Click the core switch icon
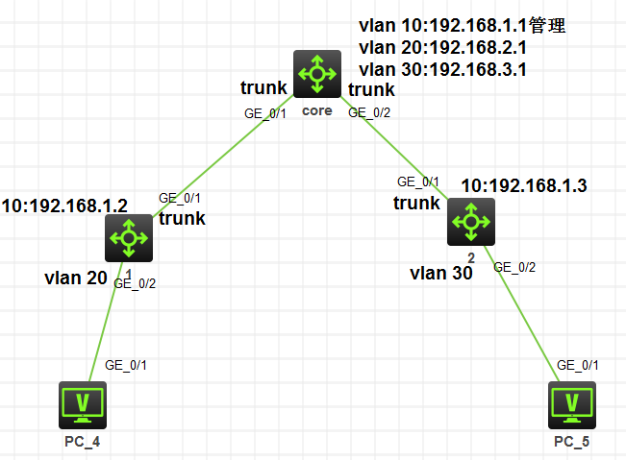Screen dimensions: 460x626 point(316,75)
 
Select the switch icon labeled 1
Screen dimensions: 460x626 point(129,237)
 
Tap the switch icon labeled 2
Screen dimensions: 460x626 point(470,222)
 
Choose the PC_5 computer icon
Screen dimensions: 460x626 point(572,404)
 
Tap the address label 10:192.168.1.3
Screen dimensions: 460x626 point(522,184)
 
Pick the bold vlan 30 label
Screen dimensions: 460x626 point(441,273)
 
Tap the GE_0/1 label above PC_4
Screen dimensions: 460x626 point(126,364)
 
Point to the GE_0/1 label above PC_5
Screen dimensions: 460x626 point(578,365)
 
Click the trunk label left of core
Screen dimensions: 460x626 point(263,89)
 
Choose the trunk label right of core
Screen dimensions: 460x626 point(370,90)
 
